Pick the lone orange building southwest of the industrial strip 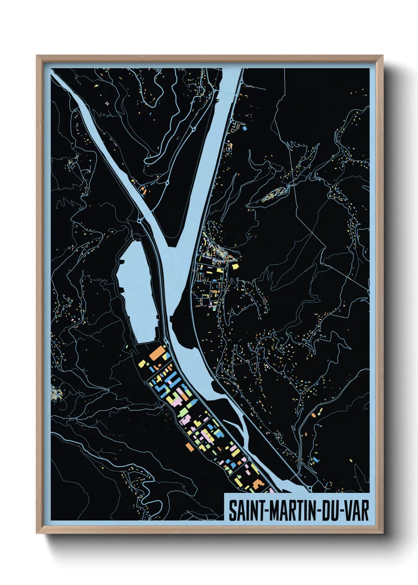point(189,446)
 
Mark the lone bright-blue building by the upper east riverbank point(244,128)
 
